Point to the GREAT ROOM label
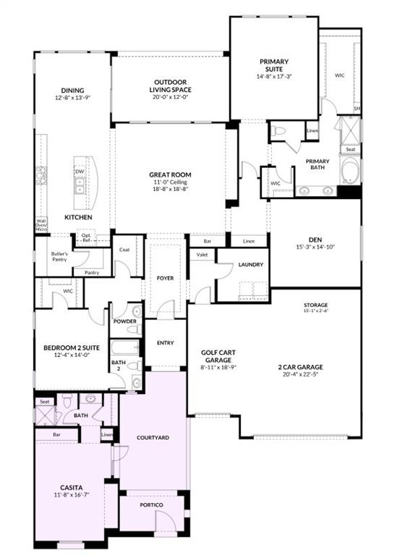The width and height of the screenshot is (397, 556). click(170, 174)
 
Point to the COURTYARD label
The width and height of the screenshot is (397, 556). click(153, 438)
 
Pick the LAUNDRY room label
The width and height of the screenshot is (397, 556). click(250, 264)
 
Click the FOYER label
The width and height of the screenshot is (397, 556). click(166, 277)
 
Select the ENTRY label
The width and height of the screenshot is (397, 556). click(166, 342)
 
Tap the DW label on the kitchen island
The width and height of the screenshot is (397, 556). click(79, 172)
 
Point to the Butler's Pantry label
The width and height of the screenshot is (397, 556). click(59, 257)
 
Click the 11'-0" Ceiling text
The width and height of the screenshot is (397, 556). click(170, 182)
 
